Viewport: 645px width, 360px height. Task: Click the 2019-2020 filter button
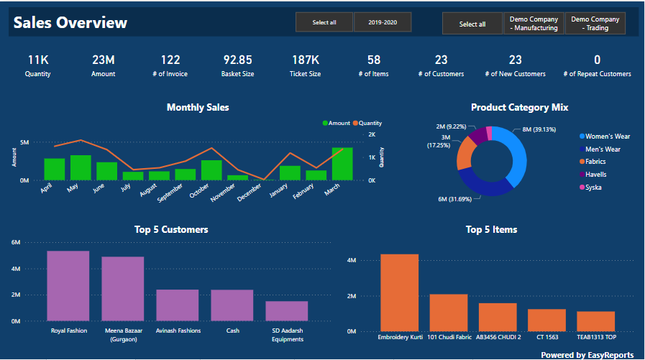pyautogui.click(x=382, y=22)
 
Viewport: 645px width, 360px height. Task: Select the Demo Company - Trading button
pyautogui.click(x=595, y=24)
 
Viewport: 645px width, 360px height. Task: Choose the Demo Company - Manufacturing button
pyautogui.click(x=534, y=24)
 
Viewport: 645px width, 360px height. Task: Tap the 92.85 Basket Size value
pyautogui.click(x=237, y=60)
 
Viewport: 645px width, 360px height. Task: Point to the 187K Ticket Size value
pyautogui.click(x=305, y=60)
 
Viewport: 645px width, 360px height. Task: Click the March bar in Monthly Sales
pyautogui.click(x=342, y=164)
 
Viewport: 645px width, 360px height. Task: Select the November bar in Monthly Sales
pyautogui.click(x=237, y=177)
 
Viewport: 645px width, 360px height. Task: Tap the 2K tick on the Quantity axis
pyautogui.click(x=372, y=134)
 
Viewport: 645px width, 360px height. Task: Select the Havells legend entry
pyautogui.click(x=595, y=175)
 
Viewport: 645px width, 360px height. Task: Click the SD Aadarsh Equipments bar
pyautogui.click(x=286, y=311)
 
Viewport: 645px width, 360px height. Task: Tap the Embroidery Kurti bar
pyautogui.click(x=399, y=292)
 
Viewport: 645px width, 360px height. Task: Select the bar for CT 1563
pyautogui.click(x=546, y=320)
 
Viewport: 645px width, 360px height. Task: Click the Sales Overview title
pyautogui.click(x=70, y=23)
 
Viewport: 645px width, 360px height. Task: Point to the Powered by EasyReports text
pyautogui.click(x=587, y=355)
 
